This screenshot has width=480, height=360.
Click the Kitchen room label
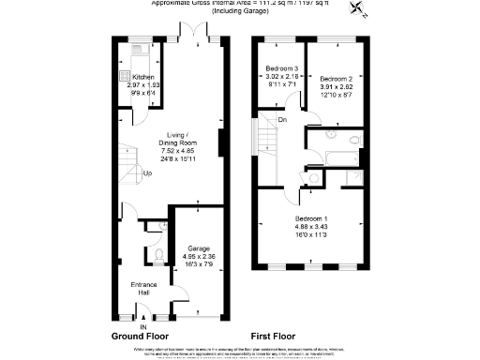[x=143, y=77]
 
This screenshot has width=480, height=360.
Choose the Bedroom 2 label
[x=336, y=78]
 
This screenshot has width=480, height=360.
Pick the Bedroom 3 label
[x=281, y=69]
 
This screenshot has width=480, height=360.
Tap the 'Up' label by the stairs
[x=147, y=173]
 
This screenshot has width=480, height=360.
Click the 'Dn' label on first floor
[x=282, y=118]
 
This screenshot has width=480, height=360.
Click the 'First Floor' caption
[x=275, y=335]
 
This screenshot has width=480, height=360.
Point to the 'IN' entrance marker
[x=143, y=325]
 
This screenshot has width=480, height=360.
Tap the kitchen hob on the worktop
[x=122, y=78]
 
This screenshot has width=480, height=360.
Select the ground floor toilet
[x=158, y=253]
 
